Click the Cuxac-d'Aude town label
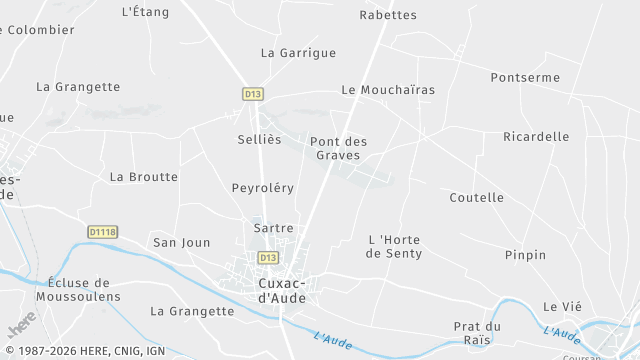[x=275, y=290]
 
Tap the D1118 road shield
[x=103, y=232]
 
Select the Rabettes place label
[x=388, y=15]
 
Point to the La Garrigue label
[x=298, y=53]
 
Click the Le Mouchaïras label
[x=388, y=90]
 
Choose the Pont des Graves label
[x=339, y=148]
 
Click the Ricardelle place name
[x=536, y=137]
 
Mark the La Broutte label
[x=143, y=177]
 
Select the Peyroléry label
[x=263, y=188]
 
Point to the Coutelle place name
[x=477, y=198]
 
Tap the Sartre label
[x=274, y=228]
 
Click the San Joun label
[x=181, y=243]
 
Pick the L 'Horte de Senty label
[x=394, y=247]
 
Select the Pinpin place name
[x=526, y=255]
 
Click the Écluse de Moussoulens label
[x=78, y=290]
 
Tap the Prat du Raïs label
[x=477, y=333]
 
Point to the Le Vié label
[x=562, y=306]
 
